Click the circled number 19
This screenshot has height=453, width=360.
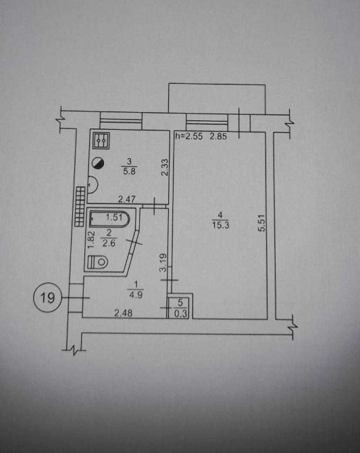(47, 297)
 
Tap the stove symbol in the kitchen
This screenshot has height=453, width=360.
(101, 141)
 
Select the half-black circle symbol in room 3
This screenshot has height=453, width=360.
(98, 163)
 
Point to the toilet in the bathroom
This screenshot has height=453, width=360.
(97, 262)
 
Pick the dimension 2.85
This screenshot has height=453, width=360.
(218, 137)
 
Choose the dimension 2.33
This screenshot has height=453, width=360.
(165, 167)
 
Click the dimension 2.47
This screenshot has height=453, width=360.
(127, 199)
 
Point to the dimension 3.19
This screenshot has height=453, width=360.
(163, 262)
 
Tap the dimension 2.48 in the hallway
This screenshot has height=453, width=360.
(124, 313)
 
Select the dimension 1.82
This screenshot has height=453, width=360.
(91, 239)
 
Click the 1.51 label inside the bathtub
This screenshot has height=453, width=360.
(114, 217)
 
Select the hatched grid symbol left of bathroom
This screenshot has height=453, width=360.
(80, 206)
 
